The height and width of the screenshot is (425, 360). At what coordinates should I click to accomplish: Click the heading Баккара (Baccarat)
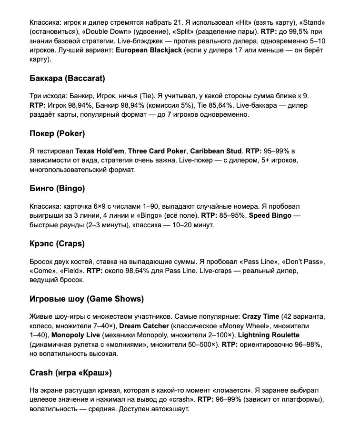[x=67, y=78]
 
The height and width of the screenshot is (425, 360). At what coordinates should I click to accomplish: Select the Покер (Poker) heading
[x=57, y=133]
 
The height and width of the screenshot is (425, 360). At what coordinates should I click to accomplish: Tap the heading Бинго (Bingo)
[x=57, y=188]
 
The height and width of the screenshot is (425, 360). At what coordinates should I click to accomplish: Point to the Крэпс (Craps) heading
[x=57, y=243]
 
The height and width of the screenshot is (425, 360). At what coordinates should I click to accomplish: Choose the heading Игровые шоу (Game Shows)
[x=87, y=299]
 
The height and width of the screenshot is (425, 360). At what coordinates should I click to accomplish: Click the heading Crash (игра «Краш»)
[x=70, y=372]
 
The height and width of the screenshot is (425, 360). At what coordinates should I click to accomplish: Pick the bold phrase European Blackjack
[x=149, y=51]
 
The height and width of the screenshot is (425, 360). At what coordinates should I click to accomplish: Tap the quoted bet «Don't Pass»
[x=303, y=262]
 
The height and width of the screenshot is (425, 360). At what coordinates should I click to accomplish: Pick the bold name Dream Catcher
[x=144, y=326]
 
